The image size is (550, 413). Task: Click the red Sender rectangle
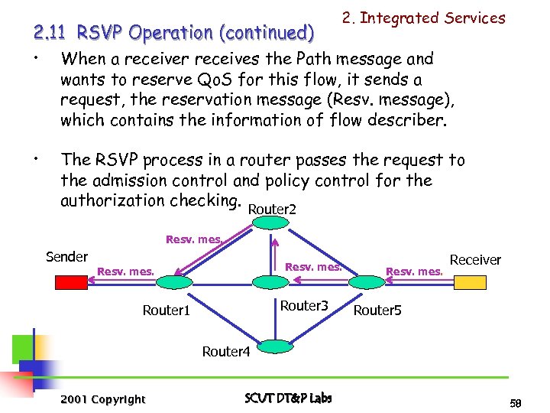[x=72, y=281]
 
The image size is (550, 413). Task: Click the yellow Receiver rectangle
[x=470, y=281]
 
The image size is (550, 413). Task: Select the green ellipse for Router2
[x=273, y=222]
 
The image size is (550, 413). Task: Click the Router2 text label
[x=273, y=208]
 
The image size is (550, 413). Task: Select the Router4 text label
[x=226, y=352]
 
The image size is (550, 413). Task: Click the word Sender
[x=67, y=257]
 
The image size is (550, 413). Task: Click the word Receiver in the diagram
[x=475, y=260]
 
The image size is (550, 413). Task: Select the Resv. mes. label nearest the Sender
[x=126, y=271]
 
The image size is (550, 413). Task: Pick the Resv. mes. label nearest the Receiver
[x=414, y=271]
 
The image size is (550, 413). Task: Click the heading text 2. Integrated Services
[x=422, y=18]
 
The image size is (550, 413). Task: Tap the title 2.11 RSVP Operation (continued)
[x=173, y=33]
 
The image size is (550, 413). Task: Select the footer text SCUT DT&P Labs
[x=288, y=398]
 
